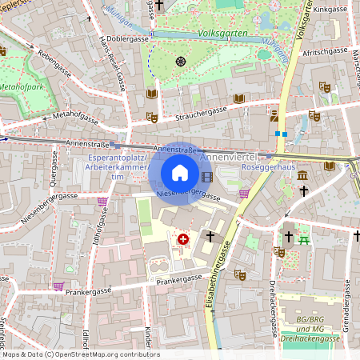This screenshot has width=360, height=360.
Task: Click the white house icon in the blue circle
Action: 180,172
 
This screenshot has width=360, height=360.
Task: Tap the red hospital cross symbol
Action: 183,238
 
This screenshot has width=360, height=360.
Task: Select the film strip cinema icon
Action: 208,178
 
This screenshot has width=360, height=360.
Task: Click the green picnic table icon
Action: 303,238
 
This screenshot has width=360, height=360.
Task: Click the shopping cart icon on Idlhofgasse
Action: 102,202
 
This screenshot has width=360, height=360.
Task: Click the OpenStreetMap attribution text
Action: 80,354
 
